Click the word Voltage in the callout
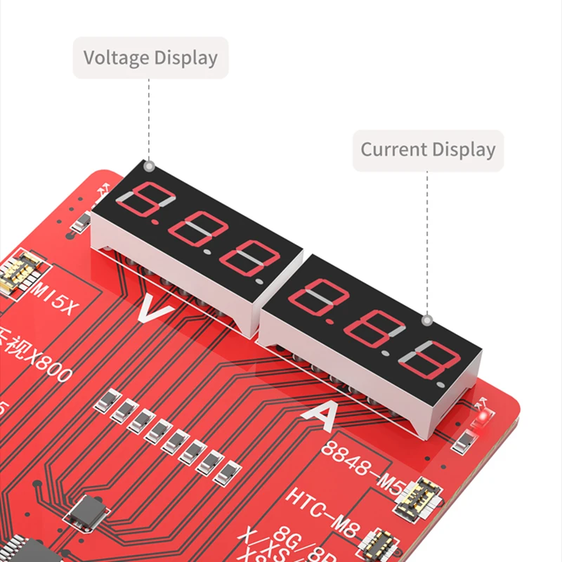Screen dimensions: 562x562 (x=115, y=58)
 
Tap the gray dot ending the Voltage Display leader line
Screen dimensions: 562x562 (x=149, y=166)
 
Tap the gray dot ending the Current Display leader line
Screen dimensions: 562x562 (x=426, y=320)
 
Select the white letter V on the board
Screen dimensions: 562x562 (x=152, y=309)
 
